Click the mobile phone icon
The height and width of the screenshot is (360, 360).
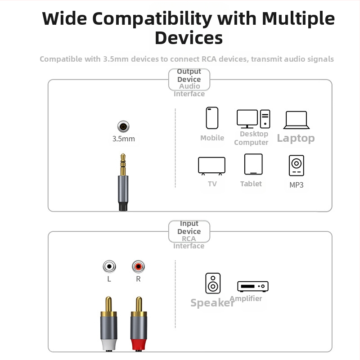click(212, 118)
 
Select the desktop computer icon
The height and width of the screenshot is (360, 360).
click(253, 119)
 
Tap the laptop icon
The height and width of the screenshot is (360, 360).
click(296, 120)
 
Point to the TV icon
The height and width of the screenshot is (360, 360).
click(211, 166)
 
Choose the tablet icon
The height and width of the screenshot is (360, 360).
click(253, 164)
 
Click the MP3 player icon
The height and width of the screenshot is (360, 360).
click(296, 166)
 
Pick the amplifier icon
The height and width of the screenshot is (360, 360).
click(253, 286)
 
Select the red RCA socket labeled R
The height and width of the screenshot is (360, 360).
click(138, 267)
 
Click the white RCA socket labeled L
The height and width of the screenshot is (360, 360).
click(109, 267)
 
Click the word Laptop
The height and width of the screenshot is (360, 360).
click(296, 138)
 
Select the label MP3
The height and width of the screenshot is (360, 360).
click(297, 184)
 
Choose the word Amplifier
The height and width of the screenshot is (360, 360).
click(246, 298)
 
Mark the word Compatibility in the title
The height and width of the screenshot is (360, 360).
click(154, 19)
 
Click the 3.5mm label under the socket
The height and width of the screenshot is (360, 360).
click(123, 139)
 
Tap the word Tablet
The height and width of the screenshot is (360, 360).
click(251, 184)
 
